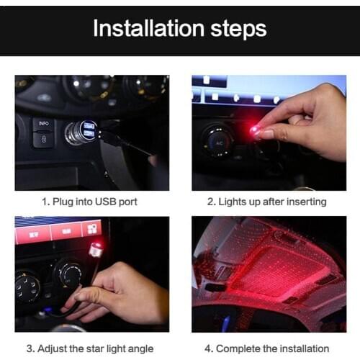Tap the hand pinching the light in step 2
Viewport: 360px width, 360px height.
tap(302, 119)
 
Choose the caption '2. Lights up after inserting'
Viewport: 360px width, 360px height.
tap(267, 202)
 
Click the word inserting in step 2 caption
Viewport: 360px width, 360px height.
tap(305, 202)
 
